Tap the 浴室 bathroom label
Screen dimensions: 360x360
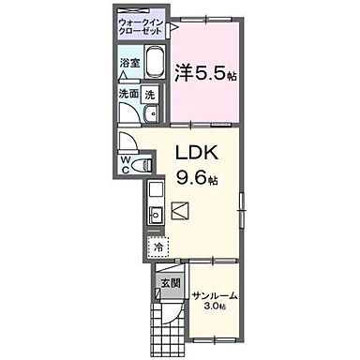point(129,63)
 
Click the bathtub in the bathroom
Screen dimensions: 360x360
point(154,67)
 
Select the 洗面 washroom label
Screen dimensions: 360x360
point(128,95)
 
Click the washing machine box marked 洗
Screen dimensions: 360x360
point(150,95)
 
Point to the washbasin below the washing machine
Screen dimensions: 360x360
point(153,114)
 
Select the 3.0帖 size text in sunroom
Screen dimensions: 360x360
point(215,307)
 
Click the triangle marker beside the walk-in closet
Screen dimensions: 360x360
point(173,27)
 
